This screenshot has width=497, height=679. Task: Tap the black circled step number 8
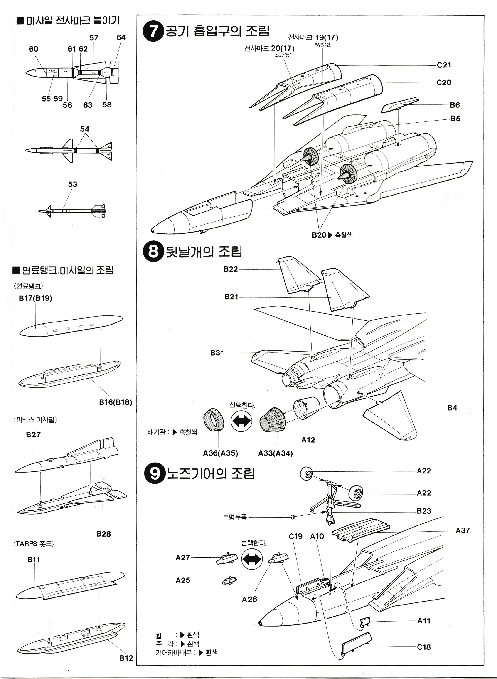tap(153, 252)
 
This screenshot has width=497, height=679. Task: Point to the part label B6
tap(455, 105)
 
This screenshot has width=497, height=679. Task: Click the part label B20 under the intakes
tap(319, 235)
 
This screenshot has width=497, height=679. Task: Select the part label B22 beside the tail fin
tap(231, 269)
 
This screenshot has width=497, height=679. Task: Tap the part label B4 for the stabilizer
tap(452, 408)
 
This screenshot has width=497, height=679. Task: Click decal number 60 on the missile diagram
tap(33, 49)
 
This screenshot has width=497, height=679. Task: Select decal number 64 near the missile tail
tap(121, 38)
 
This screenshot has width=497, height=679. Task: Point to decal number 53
tap(72, 184)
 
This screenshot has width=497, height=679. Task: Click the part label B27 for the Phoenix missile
tap(33, 435)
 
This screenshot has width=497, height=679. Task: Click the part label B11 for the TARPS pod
tap(34, 560)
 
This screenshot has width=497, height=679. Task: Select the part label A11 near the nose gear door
tap(424, 621)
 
